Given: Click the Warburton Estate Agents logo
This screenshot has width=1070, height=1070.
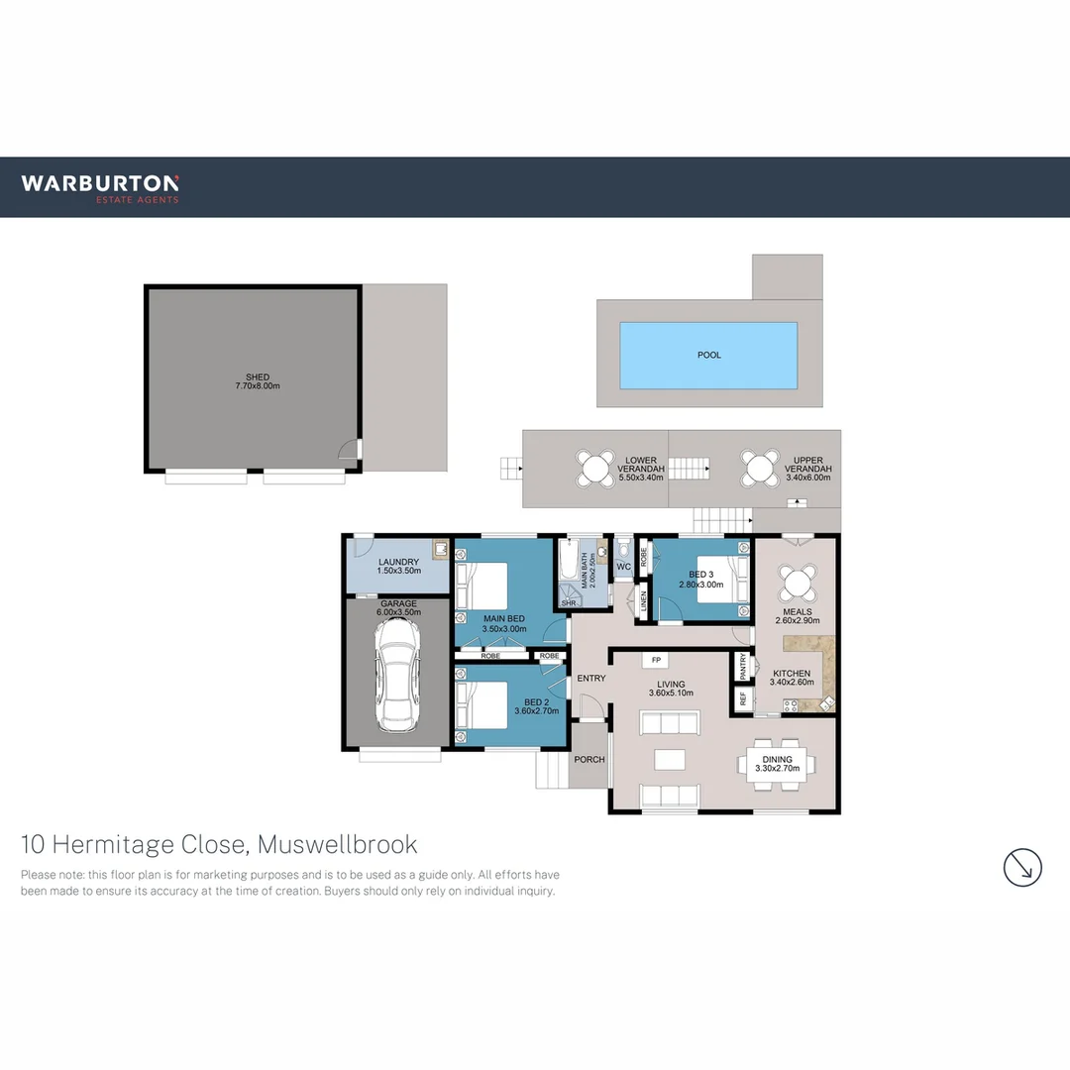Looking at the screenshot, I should tap(100, 187).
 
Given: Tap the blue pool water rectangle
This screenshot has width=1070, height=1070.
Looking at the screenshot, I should tap(708, 355).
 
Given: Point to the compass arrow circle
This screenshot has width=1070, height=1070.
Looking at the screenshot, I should tap(1022, 867).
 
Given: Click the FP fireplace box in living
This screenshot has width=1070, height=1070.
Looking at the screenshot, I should tap(656, 660).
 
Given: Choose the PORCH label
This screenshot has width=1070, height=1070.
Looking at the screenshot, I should tap(589, 760).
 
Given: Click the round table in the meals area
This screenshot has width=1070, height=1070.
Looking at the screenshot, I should tap(797, 582).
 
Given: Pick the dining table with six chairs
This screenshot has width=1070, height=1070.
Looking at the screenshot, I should tap(778, 765).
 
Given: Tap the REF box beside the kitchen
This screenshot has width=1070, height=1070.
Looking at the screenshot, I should tap(743, 697).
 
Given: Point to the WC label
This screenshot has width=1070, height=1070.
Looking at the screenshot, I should tap(623, 568).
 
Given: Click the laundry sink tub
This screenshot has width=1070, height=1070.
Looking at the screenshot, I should tap(439, 548).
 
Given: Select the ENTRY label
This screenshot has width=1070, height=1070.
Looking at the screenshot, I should tap(591, 679).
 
